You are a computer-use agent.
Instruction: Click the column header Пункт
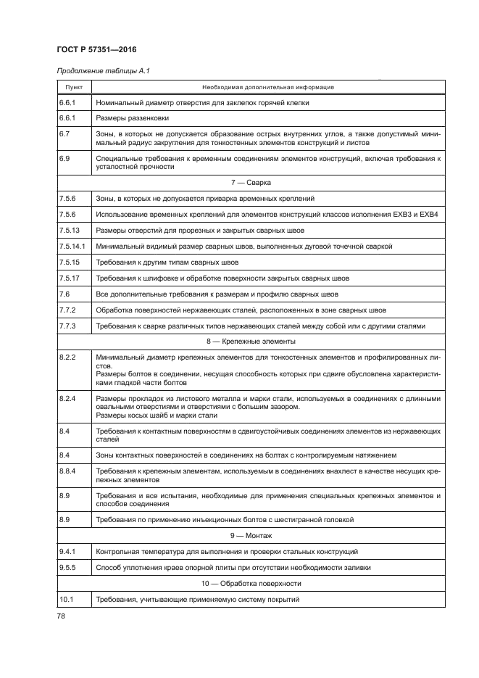(x=73, y=87)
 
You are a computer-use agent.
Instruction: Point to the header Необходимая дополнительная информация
(x=267, y=87)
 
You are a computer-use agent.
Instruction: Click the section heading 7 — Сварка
(x=267, y=182)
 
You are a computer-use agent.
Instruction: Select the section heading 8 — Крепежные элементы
(x=267, y=341)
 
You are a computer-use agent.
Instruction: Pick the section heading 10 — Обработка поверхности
(x=267, y=583)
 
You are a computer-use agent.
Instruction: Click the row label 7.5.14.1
(x=72, y=246)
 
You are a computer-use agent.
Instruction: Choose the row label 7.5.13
(x=69, y=230)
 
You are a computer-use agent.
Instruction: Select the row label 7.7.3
(x=67, y=326)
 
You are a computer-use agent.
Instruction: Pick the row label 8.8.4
(x=67, y=471)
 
